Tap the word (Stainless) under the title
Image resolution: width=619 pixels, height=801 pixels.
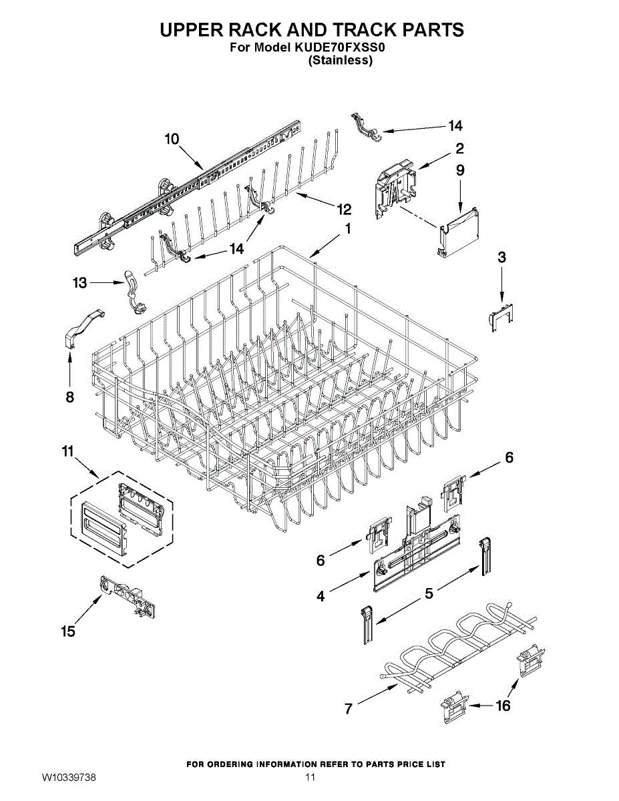pyautogui.click(x=339, y=60)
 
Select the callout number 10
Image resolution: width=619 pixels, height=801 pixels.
pyautogui.click(x=172, y=139)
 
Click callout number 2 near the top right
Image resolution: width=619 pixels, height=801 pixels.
pyautogui.click(x=460, y=148)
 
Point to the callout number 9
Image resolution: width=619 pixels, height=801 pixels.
pyautogui.click(x=460, y=170)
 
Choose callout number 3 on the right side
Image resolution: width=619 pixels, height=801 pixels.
pyautogui.click(x=501, y=257)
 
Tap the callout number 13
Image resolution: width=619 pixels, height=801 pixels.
pyautogui.click(x=80, y=283)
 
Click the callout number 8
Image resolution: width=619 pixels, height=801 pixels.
pyautogui.click(x=69, y=397)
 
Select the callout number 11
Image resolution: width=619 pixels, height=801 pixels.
pyautogui.click(x=67, y=452)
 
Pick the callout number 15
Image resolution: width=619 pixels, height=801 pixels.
pyautogui.click(x=68, y=631)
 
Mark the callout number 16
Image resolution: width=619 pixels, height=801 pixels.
pyautogui.click(x=502, y=705)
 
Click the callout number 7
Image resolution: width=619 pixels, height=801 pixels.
pyautogui.click(x=348, y=710)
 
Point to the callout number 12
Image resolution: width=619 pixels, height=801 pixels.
pyautogui.click(x=344, y=210)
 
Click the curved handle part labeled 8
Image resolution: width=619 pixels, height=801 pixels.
pyautogui.click(x=85, y=325)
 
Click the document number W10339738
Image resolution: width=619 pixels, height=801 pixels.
pyautogui.click(x=69, y=778)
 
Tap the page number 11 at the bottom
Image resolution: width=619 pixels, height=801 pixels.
pyautogui.click(x=310, y=778)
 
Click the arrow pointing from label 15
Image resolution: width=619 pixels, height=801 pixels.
pyautogui.click(x=89, y=609)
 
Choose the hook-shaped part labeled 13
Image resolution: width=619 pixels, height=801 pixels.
pyautogui.click(x=134, y=290)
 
